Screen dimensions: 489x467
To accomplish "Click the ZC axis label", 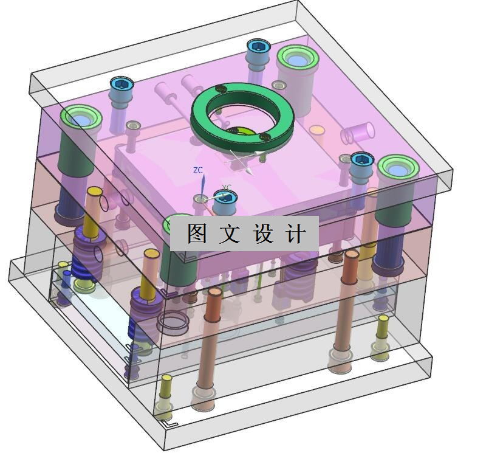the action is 197,170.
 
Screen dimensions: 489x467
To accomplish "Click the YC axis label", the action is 227,187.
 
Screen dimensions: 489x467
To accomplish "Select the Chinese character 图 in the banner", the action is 197,233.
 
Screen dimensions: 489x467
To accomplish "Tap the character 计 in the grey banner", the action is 295,233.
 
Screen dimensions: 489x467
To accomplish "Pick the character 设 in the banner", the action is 263,233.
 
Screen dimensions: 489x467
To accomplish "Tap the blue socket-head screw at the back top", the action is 258,48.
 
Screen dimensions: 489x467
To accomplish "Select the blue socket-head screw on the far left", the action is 121,85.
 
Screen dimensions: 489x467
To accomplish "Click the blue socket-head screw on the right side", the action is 362,160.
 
